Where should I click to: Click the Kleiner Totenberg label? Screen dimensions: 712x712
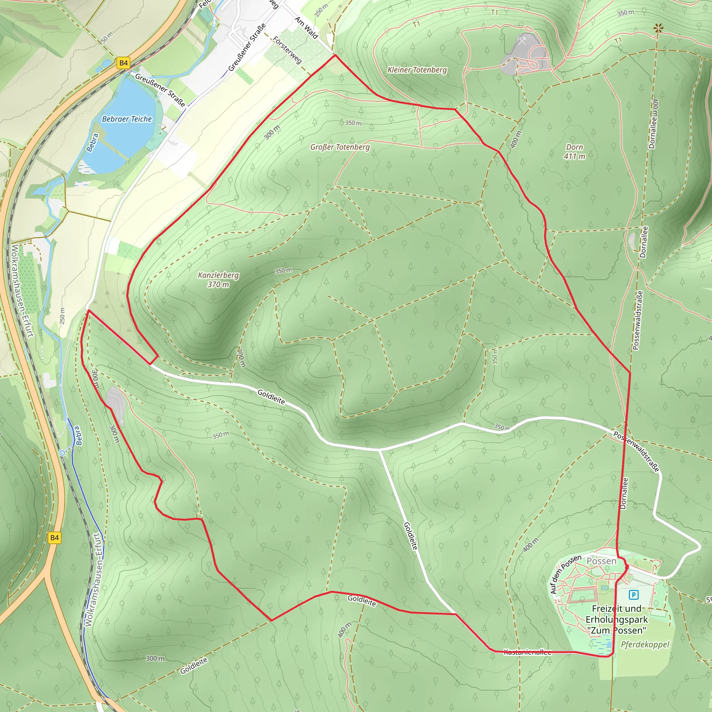417,70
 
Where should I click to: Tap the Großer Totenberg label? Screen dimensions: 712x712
340,147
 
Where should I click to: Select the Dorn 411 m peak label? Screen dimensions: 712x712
575,152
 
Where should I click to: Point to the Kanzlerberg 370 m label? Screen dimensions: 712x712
218,280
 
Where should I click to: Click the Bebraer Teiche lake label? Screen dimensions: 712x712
127,119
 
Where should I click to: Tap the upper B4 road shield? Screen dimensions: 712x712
123,63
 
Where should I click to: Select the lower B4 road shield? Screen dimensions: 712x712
55,538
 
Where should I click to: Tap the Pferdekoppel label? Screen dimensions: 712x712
645,644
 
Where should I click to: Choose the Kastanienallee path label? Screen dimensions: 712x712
527,652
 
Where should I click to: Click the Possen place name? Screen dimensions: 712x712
601,561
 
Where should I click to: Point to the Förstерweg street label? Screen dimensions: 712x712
288,50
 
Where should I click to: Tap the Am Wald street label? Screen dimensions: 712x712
306,28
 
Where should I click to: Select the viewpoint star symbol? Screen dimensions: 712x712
658,28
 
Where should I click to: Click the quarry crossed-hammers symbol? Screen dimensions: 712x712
523,41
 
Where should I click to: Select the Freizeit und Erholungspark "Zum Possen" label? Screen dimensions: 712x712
616,620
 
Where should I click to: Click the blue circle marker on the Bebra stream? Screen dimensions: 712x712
63,453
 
